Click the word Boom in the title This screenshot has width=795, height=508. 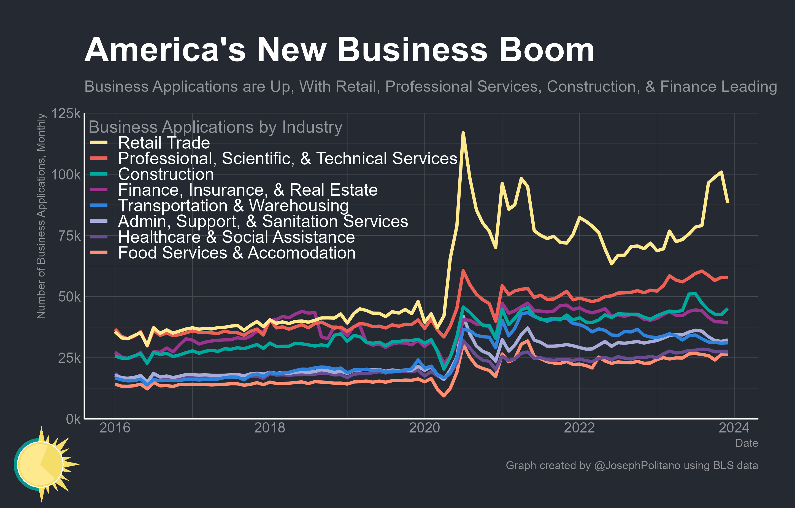tap(547, 50)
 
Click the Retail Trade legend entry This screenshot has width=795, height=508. tap(164, 143)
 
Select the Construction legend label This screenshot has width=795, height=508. tap(166, 174)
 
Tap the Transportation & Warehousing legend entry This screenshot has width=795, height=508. tap(233, 205)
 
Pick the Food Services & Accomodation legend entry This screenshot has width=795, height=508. tap(236, 253)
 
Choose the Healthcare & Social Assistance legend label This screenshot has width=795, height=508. tap(236, 237)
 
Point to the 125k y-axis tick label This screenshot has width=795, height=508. tap(66, 114)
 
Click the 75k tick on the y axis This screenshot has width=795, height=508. tap(69, 236)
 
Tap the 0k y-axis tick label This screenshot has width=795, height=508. tap(73, 419)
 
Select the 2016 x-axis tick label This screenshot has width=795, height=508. tap(115, 428)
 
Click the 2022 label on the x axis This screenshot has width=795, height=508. tap(579, 428)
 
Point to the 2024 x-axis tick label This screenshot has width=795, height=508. tap(734, 428)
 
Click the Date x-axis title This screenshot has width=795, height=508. tap(746, 443)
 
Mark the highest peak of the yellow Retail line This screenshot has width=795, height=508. tap(463, 133)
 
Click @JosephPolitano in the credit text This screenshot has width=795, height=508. tap(637, 465)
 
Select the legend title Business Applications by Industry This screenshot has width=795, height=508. tap(215, 127)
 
